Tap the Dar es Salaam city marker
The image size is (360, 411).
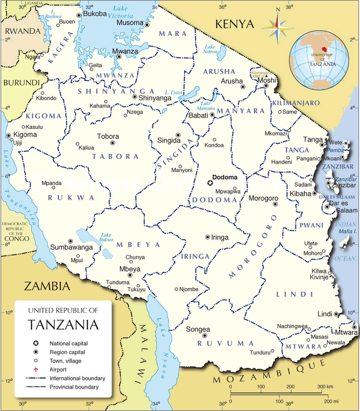coord(327,207)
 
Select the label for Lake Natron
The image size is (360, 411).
coord(210,49)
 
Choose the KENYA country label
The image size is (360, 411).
coord(235,24)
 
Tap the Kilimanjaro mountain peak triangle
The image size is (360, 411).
coord(267,76)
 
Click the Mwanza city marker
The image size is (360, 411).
coord(119,56)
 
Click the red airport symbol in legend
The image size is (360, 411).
coord(35,369)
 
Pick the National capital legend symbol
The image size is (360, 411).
coord(35,343)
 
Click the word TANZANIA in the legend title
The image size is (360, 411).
coord(63,324)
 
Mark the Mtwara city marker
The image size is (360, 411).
coord(354,327)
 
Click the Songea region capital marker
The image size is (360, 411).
coord(205,335)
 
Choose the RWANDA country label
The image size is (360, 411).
coord(22,31)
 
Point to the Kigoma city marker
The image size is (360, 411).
coord(9,136)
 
